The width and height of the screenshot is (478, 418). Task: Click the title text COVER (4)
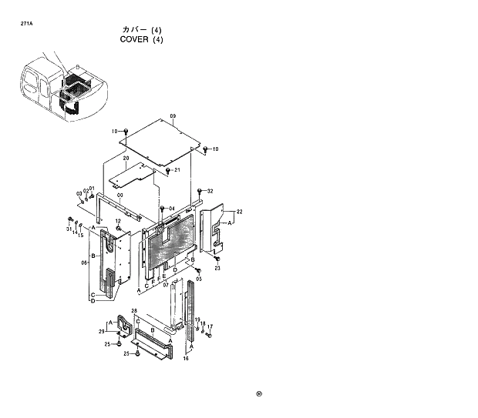(x=141, y=40)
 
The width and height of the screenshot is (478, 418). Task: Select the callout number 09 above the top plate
(x=173, y=116)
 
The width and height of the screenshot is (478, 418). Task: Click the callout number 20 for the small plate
(x=126, y=158)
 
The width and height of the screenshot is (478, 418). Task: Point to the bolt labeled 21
(x=168, y=170)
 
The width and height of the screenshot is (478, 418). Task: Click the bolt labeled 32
(x=200, y=191)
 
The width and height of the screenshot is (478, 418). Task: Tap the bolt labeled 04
(x=163, y=209)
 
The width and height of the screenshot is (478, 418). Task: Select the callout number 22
(x=240, y=211)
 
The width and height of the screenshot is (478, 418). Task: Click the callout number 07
(x=166, y=285)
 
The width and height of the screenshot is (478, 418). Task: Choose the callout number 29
(x=101, y=331)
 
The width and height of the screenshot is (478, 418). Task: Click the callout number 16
(x=186, y=359)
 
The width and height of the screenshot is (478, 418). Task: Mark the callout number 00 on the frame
(x=119, y=196)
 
